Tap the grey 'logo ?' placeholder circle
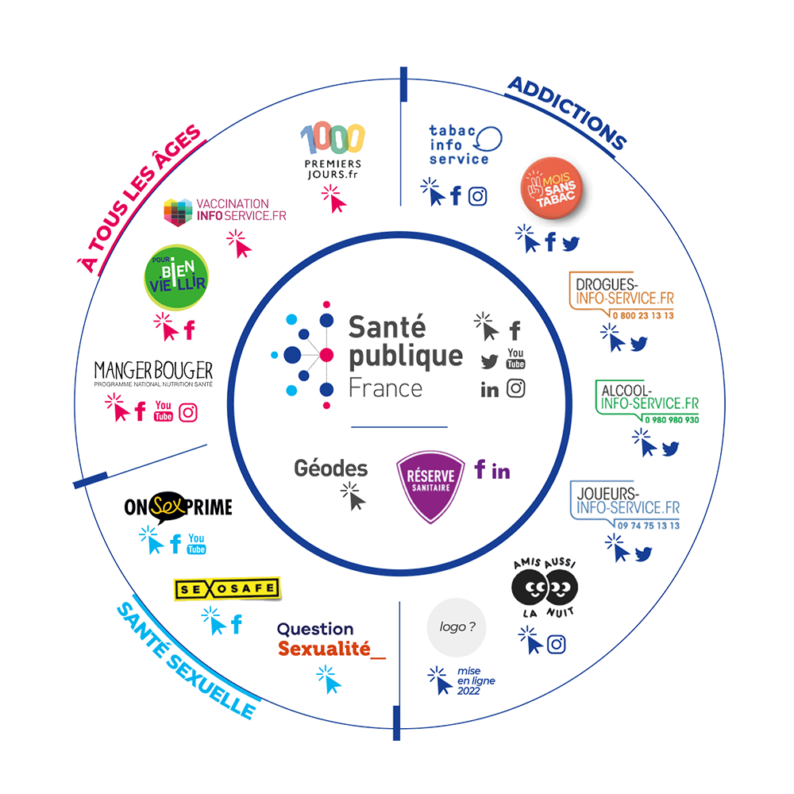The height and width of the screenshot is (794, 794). coord(457,627)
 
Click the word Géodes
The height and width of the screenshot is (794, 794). coord(331,468)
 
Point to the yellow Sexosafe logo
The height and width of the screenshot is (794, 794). coord(227,588)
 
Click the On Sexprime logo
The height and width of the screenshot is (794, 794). coord(179,507)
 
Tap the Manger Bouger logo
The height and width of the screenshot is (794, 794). coord(153,372)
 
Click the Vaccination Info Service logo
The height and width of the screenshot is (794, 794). coord(225,210)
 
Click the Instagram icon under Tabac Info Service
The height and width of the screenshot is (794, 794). coord(477,196)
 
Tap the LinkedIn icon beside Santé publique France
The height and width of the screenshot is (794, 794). coord(490,390)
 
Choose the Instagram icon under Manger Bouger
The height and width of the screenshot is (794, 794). coord(188,411)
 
